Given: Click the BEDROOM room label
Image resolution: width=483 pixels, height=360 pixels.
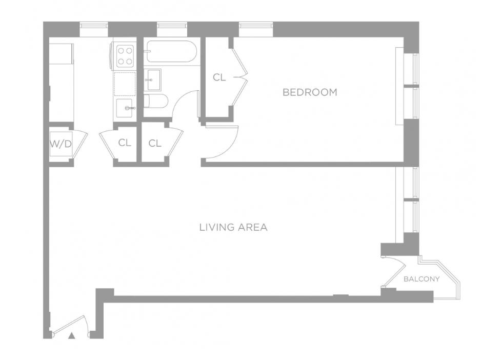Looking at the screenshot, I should coord(310,92).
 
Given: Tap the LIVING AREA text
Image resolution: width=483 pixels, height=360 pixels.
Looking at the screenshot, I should coord(233,227).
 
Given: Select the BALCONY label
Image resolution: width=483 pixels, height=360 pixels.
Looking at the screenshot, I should coord(421,279).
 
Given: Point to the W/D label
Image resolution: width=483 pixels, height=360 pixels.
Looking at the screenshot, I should coord(61,144).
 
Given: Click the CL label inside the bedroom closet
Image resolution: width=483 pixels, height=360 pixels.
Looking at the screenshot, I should coord(219,78).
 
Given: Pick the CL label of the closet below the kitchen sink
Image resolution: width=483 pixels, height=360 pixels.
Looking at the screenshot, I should coord(125,143).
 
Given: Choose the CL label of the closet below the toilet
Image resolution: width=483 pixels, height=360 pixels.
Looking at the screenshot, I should coord(155,144).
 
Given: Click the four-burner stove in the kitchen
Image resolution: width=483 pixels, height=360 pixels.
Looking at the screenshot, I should coord(125,56).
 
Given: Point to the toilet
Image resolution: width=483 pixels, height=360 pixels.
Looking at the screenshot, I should coord(153,101).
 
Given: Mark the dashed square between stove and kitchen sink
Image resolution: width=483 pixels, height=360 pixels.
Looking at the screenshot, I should coord(125,84).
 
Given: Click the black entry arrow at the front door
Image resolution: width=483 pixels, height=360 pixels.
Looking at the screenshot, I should coord(72,336).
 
